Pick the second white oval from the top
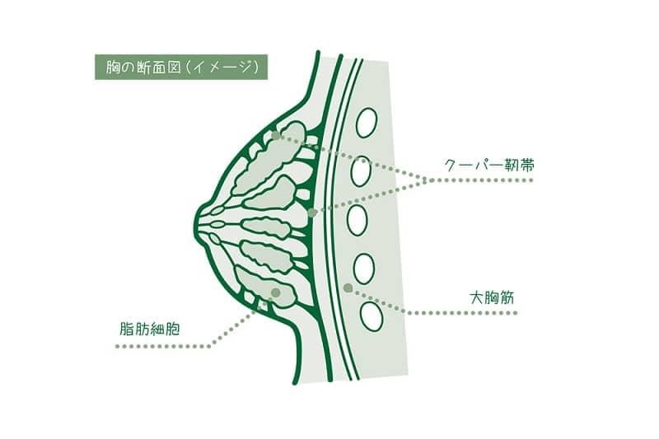361,171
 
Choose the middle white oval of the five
358,220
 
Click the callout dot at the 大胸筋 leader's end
348,287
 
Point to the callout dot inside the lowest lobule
275,292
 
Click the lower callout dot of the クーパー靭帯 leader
311,213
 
